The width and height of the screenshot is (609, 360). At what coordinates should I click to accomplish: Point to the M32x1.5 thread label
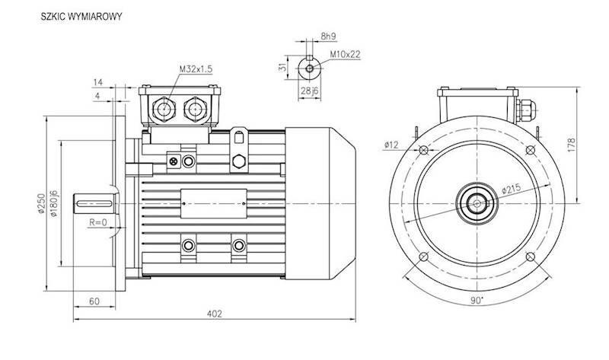pyautogui.click(x=196, y=69)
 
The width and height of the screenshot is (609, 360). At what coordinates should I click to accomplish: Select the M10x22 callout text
pyautogui.click(x=345, y=54)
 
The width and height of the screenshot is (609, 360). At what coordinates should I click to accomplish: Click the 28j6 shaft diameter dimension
pyautogui.click(x=309, y=93)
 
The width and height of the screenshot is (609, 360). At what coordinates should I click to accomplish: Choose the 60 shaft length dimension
pyautogui.click(x=94, y=301)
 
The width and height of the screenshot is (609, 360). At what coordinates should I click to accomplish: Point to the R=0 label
pyautogui.click(x=97, y=222)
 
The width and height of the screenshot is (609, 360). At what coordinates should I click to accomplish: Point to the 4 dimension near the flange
pyautogui.click(x=97, y=96)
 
